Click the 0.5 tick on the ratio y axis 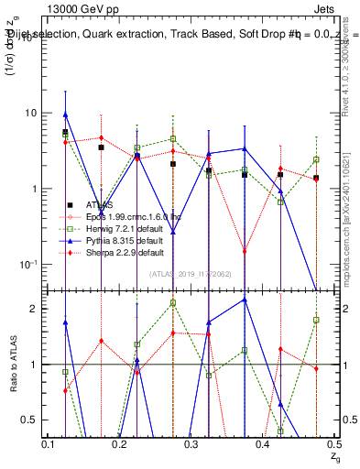[30, 420]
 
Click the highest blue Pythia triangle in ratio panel [245, 300]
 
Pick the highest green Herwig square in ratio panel [173, 302]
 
